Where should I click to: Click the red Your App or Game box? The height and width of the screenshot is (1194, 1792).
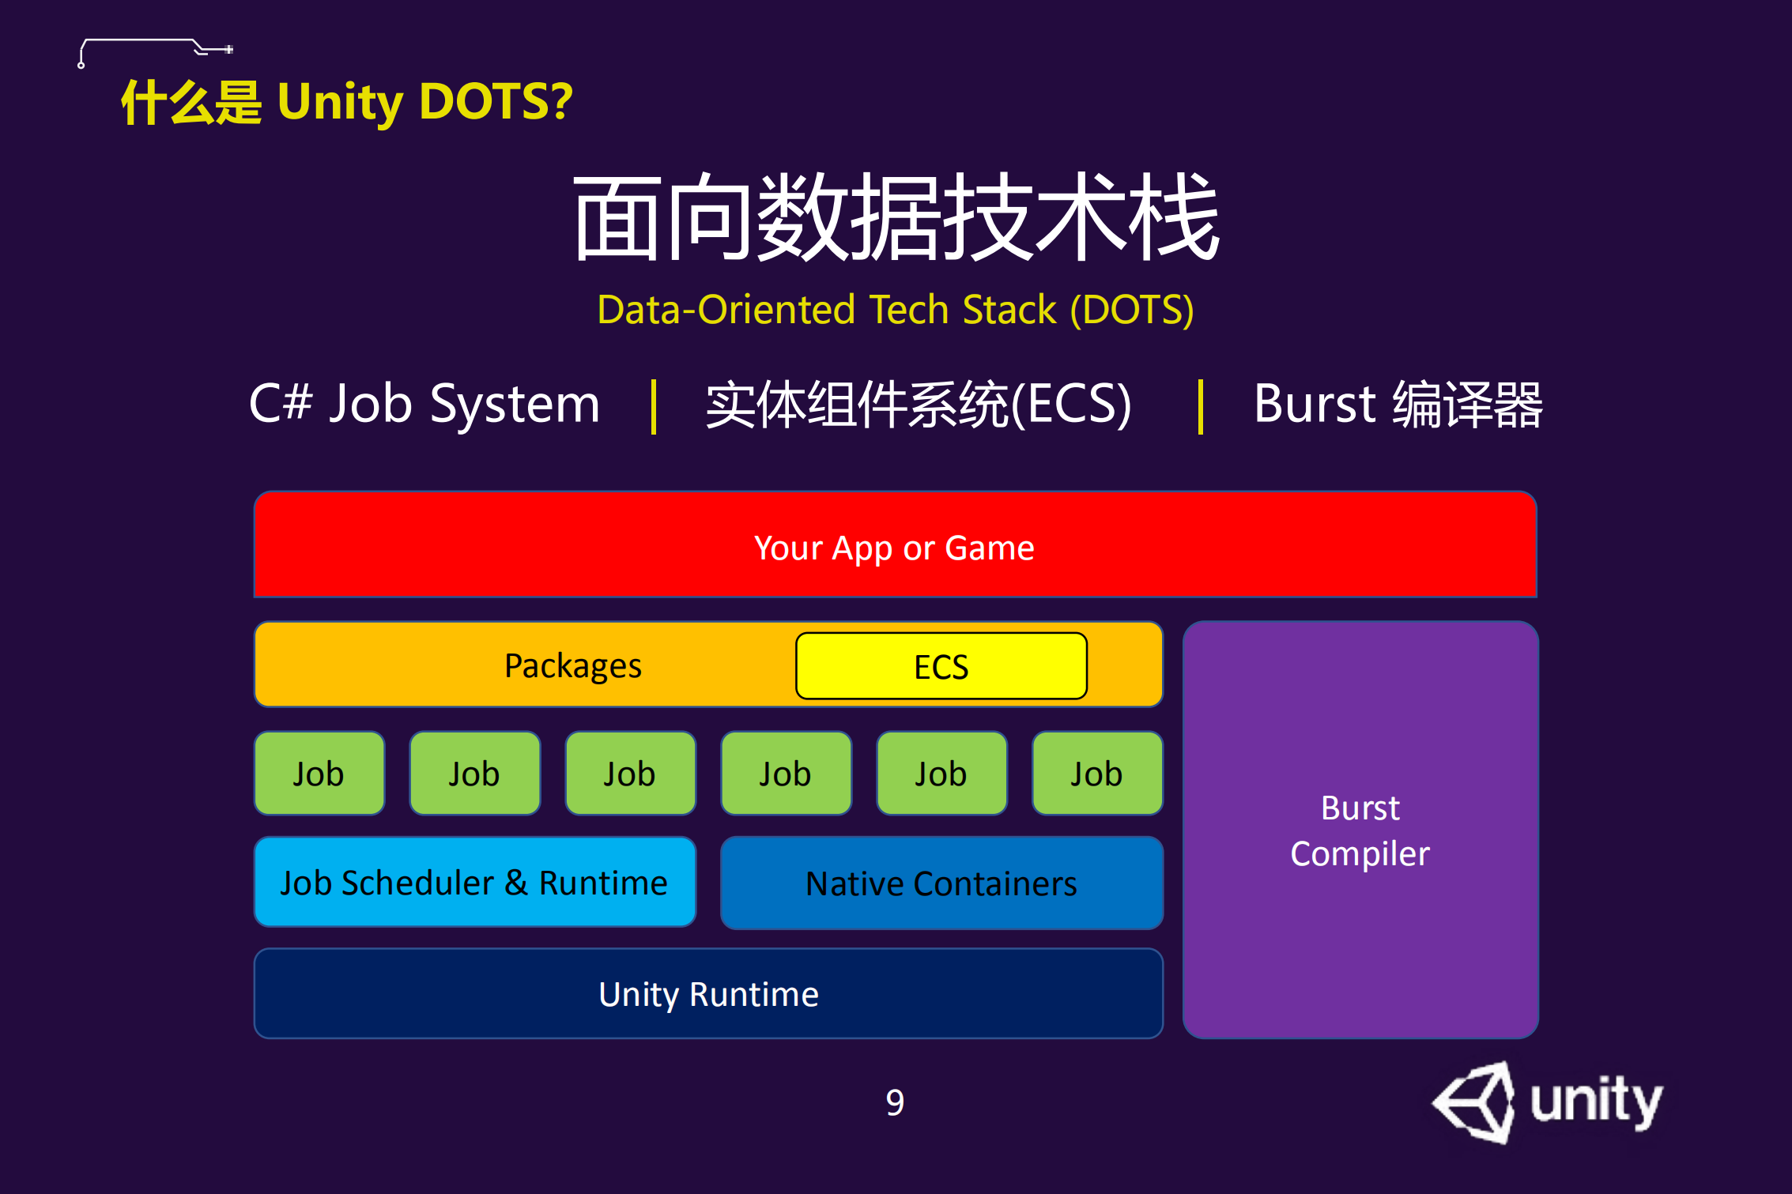pos(895,546)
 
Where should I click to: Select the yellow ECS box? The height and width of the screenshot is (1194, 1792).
pos(941,666)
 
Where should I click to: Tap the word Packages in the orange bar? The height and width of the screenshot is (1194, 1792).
pos(572,665)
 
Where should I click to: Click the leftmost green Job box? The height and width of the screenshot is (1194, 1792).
pos(319,774)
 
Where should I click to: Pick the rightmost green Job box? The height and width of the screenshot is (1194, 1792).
pos(1097,774)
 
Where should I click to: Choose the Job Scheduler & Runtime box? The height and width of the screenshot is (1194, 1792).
pos(474,882)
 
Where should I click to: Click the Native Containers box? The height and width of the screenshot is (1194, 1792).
pos(941,883)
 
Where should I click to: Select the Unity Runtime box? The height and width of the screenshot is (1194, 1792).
pos(708,993)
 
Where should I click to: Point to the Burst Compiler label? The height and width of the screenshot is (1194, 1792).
pos(1360,831)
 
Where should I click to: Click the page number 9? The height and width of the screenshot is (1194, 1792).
pos(895,1102)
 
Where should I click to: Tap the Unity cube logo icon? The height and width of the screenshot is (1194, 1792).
pos(1475,1102)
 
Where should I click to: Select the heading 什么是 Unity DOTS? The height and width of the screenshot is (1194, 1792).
pos(346,102)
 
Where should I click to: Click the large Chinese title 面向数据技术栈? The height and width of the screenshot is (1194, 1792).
pos(896,217)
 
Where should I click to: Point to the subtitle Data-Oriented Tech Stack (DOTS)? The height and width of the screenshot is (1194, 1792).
pos(895,309)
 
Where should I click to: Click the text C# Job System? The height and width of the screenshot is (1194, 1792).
pos(424,404)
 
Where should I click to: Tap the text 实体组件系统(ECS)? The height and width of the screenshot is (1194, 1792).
pos(919,405)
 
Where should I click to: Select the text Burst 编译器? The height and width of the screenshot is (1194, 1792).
pos(1398,405)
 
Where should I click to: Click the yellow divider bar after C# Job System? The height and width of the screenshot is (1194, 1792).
pos(654,406)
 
